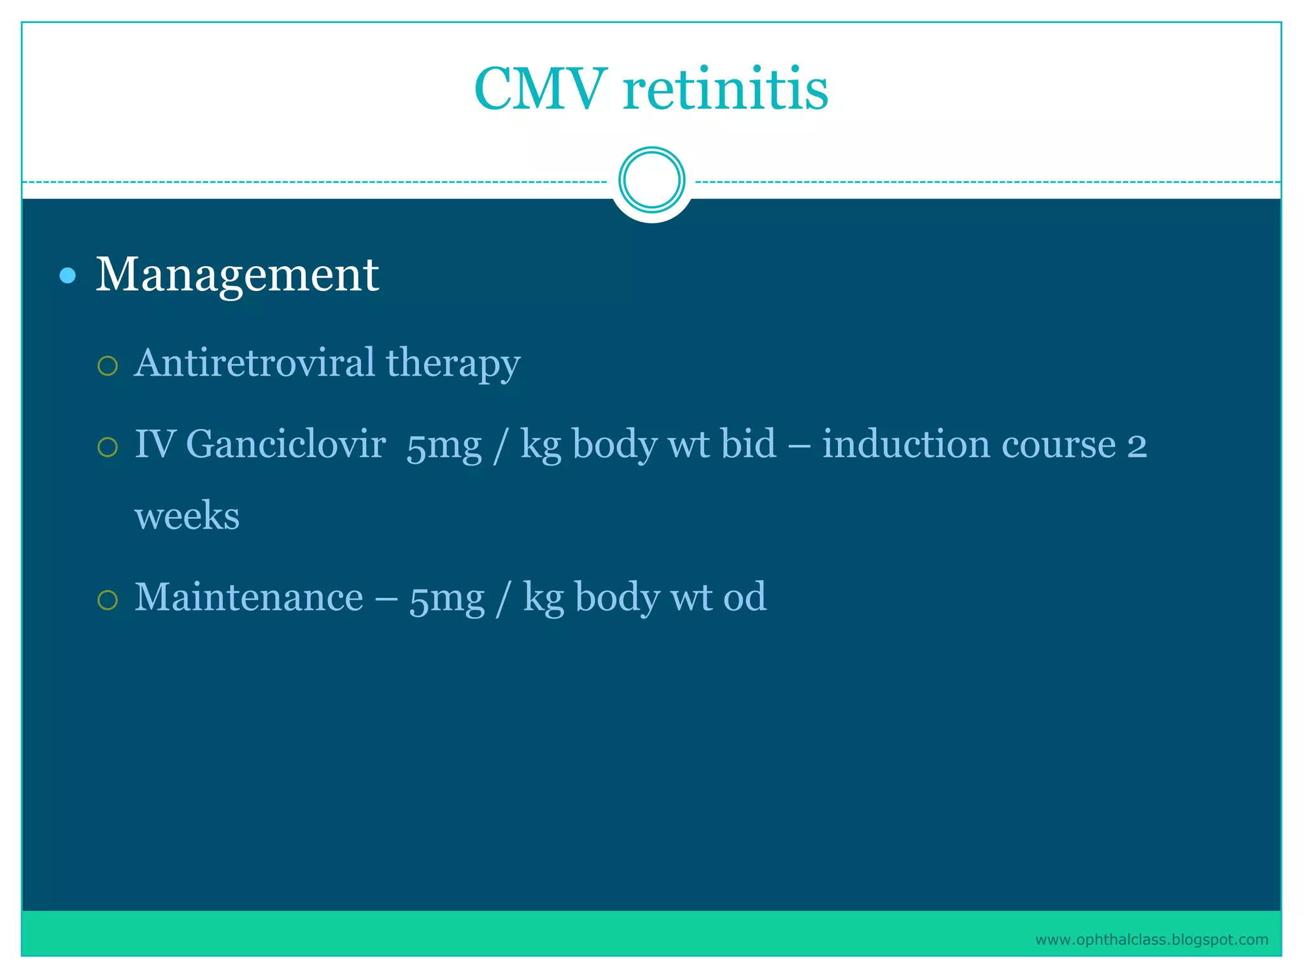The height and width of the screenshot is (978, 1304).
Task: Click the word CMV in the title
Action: pyautogui.click(x=540, y=89)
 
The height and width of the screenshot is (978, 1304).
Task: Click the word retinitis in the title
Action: pyautogui.click(x=726, y=89)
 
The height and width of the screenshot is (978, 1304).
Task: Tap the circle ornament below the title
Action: pyautogui.click(x=651, y=180)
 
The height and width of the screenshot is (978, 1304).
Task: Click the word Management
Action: pyautogui.click(x=237, y=275)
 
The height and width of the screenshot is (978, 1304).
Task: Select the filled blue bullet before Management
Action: pyautogui.click(x=67, y=276)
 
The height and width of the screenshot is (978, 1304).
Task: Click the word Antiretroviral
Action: pyautogui.click(x=255, y=362)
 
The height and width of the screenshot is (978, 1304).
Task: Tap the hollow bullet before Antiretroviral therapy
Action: pyautogui.click(x=108, y=366)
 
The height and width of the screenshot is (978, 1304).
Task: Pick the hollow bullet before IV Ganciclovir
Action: pyautogui.click(x=108, y=447)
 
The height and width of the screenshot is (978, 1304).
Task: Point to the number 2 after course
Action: pyautogui.click(x=1137, y=446)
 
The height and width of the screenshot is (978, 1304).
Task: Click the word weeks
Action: pyautogui.click(x=187, y=515)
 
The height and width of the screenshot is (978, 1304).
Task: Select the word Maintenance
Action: pyautogui.click(x=248, y=597)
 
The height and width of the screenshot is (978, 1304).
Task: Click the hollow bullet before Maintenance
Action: pyautogui.click(x=108, y=600)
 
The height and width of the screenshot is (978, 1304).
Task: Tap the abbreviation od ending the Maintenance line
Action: pyautogui.click(x=744, y=597)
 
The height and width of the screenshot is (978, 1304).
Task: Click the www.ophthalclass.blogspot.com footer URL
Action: pyautogui.click(x=1151, y=940)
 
